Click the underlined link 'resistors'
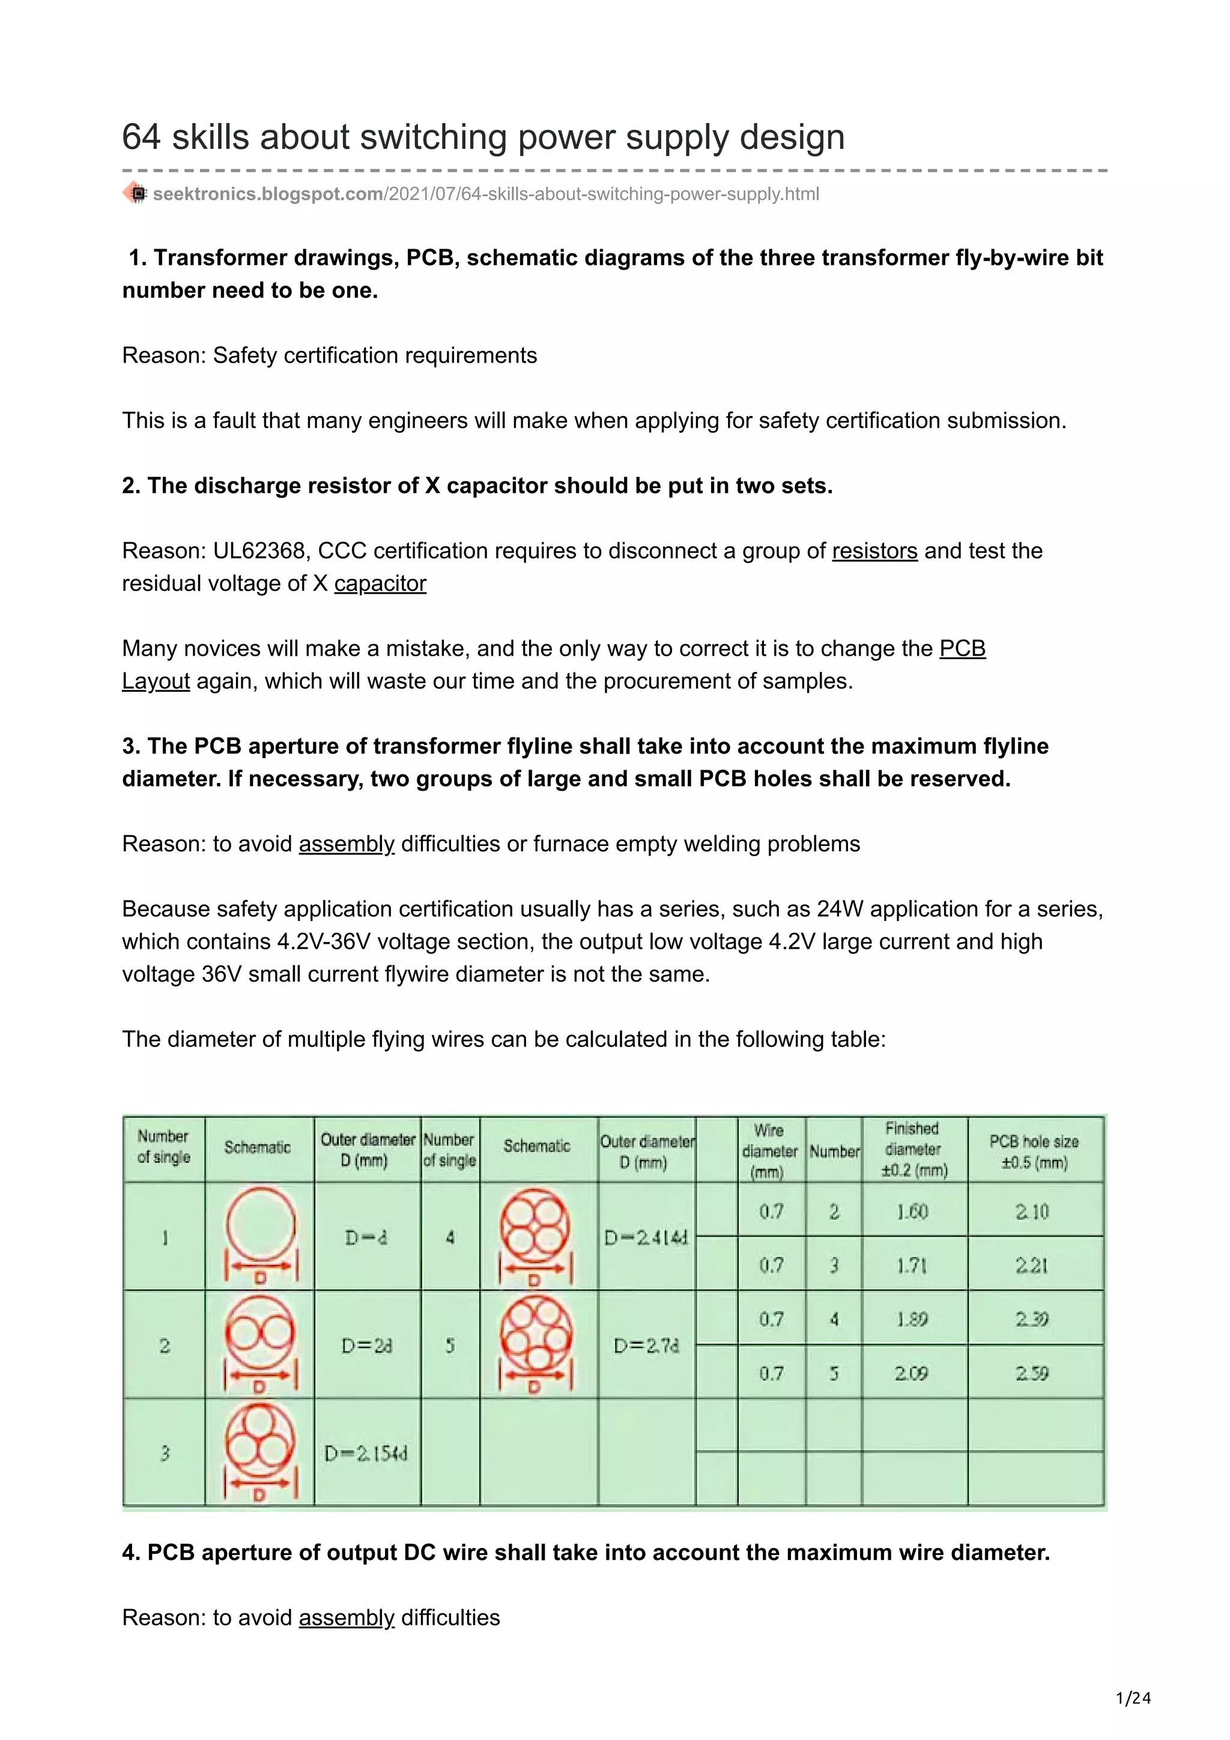874,551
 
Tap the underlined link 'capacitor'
380,584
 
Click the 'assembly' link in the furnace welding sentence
347,844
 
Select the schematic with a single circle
260,1235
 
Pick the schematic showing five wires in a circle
536,1344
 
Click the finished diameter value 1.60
912,1211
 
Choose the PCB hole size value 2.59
1032,1373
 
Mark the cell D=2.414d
646,1237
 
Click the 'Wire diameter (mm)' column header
769,1150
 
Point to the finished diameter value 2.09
911,1373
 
